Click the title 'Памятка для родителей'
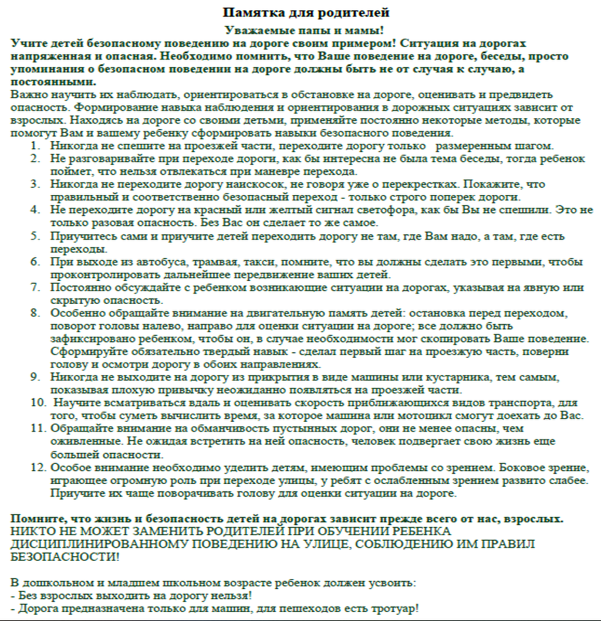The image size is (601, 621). [x=306, y=12]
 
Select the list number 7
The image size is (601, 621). [x=36, y=288]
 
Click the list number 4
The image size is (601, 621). [x=36, y=210]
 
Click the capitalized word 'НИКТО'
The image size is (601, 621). [x=32, y=531]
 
